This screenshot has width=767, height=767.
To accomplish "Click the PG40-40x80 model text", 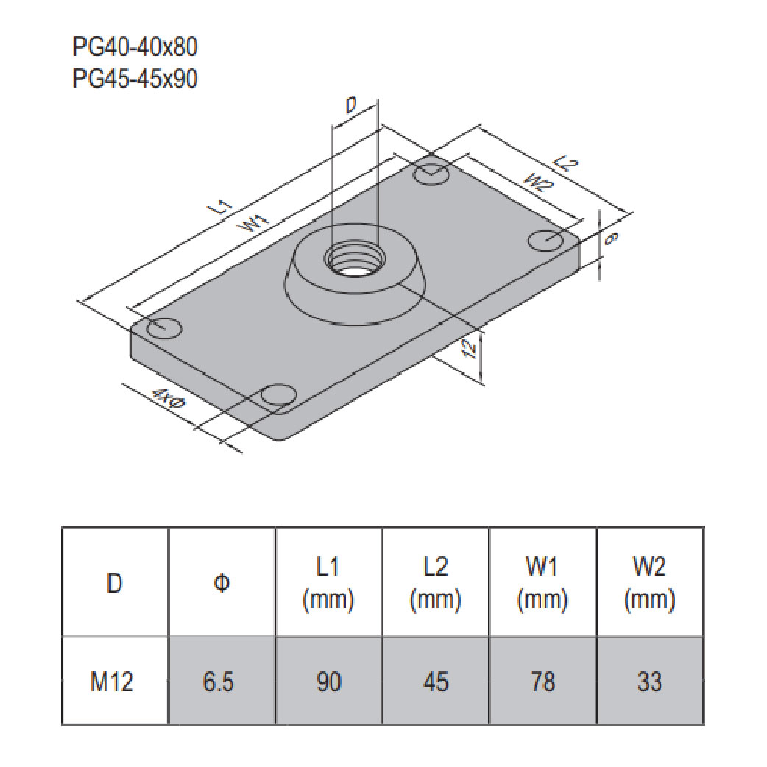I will [x=135, y=48].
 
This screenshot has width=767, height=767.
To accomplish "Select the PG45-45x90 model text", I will [x=135, y=78].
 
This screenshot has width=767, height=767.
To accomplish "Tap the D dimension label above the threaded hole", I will [x=352, y=106].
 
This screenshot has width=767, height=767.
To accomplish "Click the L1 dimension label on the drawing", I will [x=225, y=207].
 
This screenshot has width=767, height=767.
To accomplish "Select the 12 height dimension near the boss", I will [x=471, y=349].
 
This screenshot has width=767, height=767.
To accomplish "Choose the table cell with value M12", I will [x=114, y=682].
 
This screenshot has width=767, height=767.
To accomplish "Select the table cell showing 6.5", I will [x=221, y=682].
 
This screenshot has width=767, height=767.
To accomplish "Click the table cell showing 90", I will [x=328, y=682].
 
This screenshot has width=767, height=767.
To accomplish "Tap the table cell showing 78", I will [x=542, y=682].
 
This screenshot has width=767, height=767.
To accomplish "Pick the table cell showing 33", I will [x=649, y=682].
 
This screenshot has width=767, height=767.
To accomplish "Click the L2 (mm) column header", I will [x=436, y=583].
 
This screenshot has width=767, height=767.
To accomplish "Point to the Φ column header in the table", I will [x=221, y=583].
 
